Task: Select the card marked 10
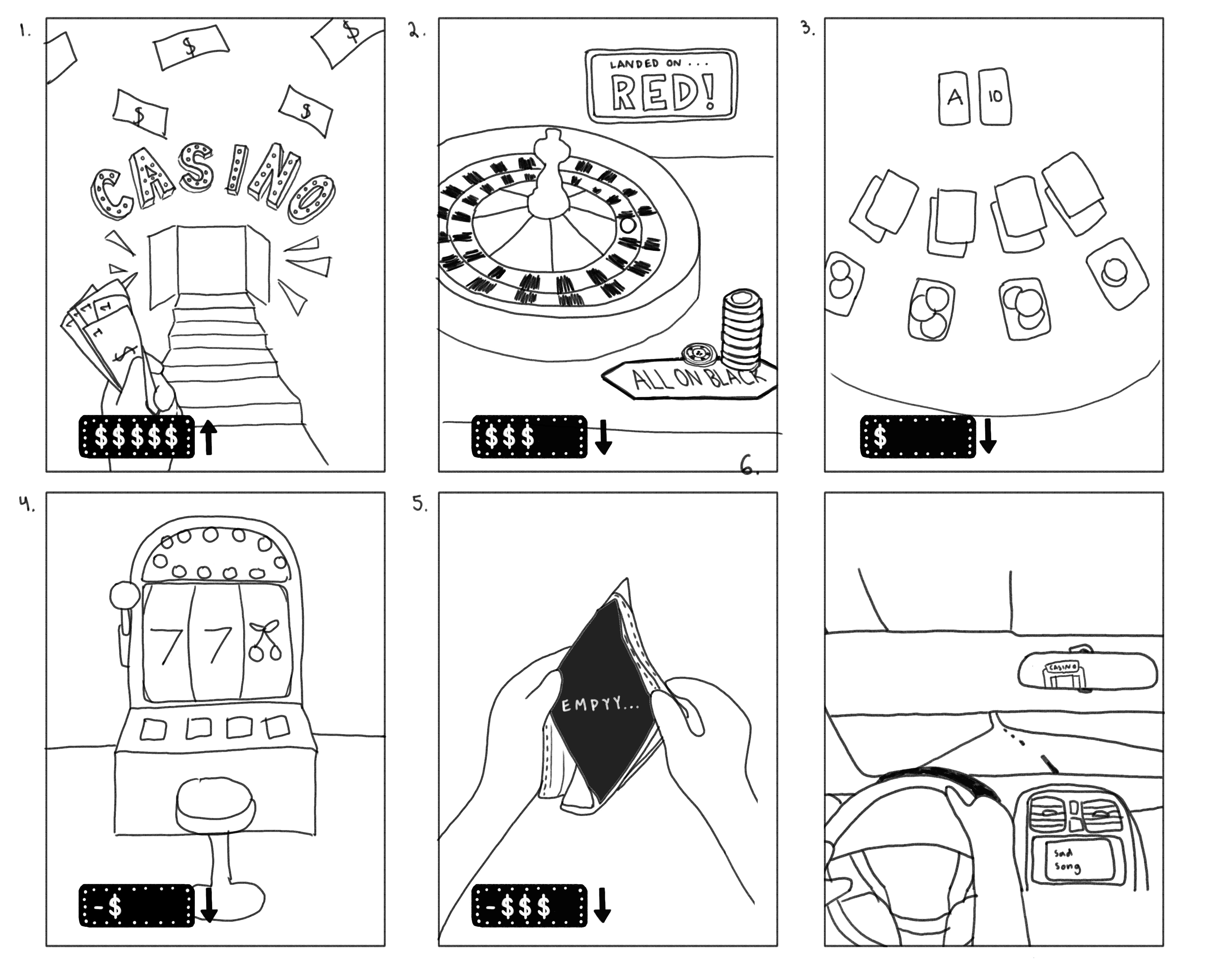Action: click(995, 97)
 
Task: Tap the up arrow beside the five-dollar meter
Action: click(209, 438)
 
